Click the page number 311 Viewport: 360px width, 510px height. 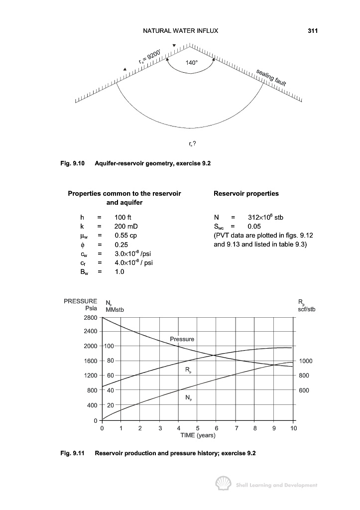[x=313, y=31]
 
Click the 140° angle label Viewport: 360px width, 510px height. [x=191, y=63]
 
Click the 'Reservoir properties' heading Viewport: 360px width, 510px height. [x=246, y=193]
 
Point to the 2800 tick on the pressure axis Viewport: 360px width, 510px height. [x=90, y=317]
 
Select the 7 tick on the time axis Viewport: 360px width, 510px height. [x=237, y=428]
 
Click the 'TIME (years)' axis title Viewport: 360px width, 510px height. [x=198, y=435]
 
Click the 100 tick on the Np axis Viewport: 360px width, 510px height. [x=109, y=346]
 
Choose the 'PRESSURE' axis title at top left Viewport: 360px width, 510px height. [x=81, y=301]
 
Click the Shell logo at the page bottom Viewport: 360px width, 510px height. [x=223, y=484]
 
